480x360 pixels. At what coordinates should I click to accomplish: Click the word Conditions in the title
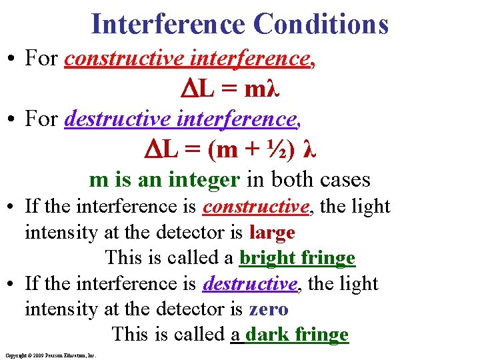tap(320, 25)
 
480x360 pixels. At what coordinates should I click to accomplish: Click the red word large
tap(271, 233)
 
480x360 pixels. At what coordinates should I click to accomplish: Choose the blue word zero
tap(268, 309)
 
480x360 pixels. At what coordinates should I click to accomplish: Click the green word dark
tap(265, 335)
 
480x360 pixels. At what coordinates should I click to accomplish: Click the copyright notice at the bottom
tap(51, 355)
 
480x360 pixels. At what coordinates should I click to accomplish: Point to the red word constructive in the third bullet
tap(256, 207)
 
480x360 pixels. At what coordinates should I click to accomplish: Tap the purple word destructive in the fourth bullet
tap(250, 284)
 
